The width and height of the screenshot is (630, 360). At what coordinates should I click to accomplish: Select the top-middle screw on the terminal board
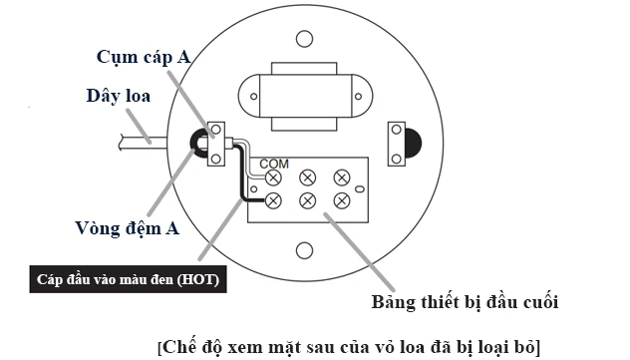(x=307, y=178)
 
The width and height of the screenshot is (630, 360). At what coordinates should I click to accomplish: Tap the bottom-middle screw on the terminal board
(x=307, y=201)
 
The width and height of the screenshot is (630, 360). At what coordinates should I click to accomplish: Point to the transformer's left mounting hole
(x=253, y=97)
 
